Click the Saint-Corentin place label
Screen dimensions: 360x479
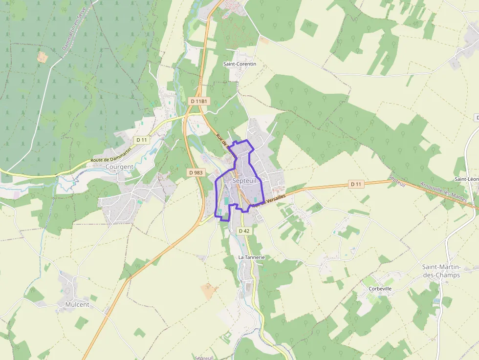point(239,64)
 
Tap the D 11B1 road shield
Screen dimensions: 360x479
point(199,101)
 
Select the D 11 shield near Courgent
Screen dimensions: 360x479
point(142,140)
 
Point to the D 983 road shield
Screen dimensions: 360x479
point(196,172)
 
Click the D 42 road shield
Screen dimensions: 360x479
point(244,231)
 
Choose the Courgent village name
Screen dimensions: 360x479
point(119,167)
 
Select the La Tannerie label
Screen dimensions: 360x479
point(251,257)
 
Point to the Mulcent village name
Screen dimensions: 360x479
point(77,304)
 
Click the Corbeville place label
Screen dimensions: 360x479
point(380,289)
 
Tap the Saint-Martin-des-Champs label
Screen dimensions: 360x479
point(441,271)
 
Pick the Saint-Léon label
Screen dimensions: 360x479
point(466,179)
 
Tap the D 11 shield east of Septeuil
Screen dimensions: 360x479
point(357,184)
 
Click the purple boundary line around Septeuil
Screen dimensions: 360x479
point(216,195)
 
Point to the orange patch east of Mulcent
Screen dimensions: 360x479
point(209,291)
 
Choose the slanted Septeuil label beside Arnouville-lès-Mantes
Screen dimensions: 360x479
point(397,181)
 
